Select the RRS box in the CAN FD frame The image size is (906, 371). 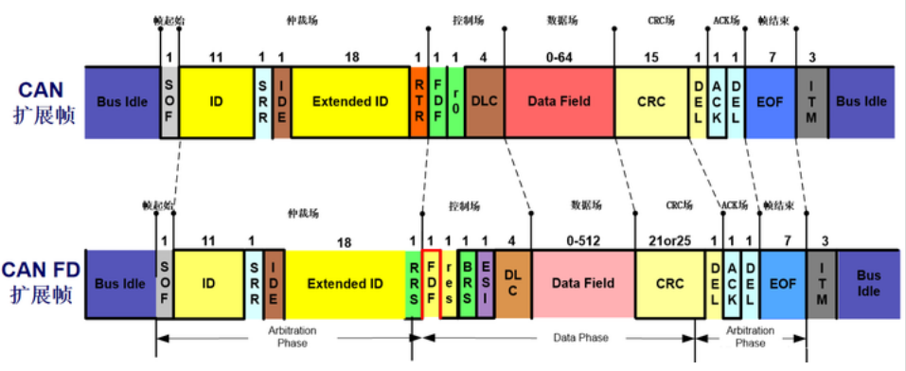click(x=412, y=283)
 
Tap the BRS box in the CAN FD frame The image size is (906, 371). click(x=468, y=283)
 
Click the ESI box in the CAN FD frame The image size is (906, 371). click(x=485, y=283)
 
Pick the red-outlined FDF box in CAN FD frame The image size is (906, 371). click(x=431, y=283)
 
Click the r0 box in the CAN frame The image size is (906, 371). click(x=455, y=101)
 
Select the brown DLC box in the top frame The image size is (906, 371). click(x=484, y=101)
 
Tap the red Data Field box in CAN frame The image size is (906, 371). click(x=559, y=101)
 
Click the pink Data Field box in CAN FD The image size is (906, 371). click(x=582, y=283)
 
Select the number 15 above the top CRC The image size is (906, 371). click(x=650, y=58)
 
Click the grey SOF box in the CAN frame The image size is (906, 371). click(x=169, y=101)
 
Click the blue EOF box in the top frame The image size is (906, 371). click(x=771, y=101)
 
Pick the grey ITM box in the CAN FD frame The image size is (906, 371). click(x=821, y=283)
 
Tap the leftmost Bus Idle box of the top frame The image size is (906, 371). click(x=122, y=101)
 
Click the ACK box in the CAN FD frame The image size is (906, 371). click(x=732, y=283)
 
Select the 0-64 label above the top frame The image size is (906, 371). click(x=560, y=58)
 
